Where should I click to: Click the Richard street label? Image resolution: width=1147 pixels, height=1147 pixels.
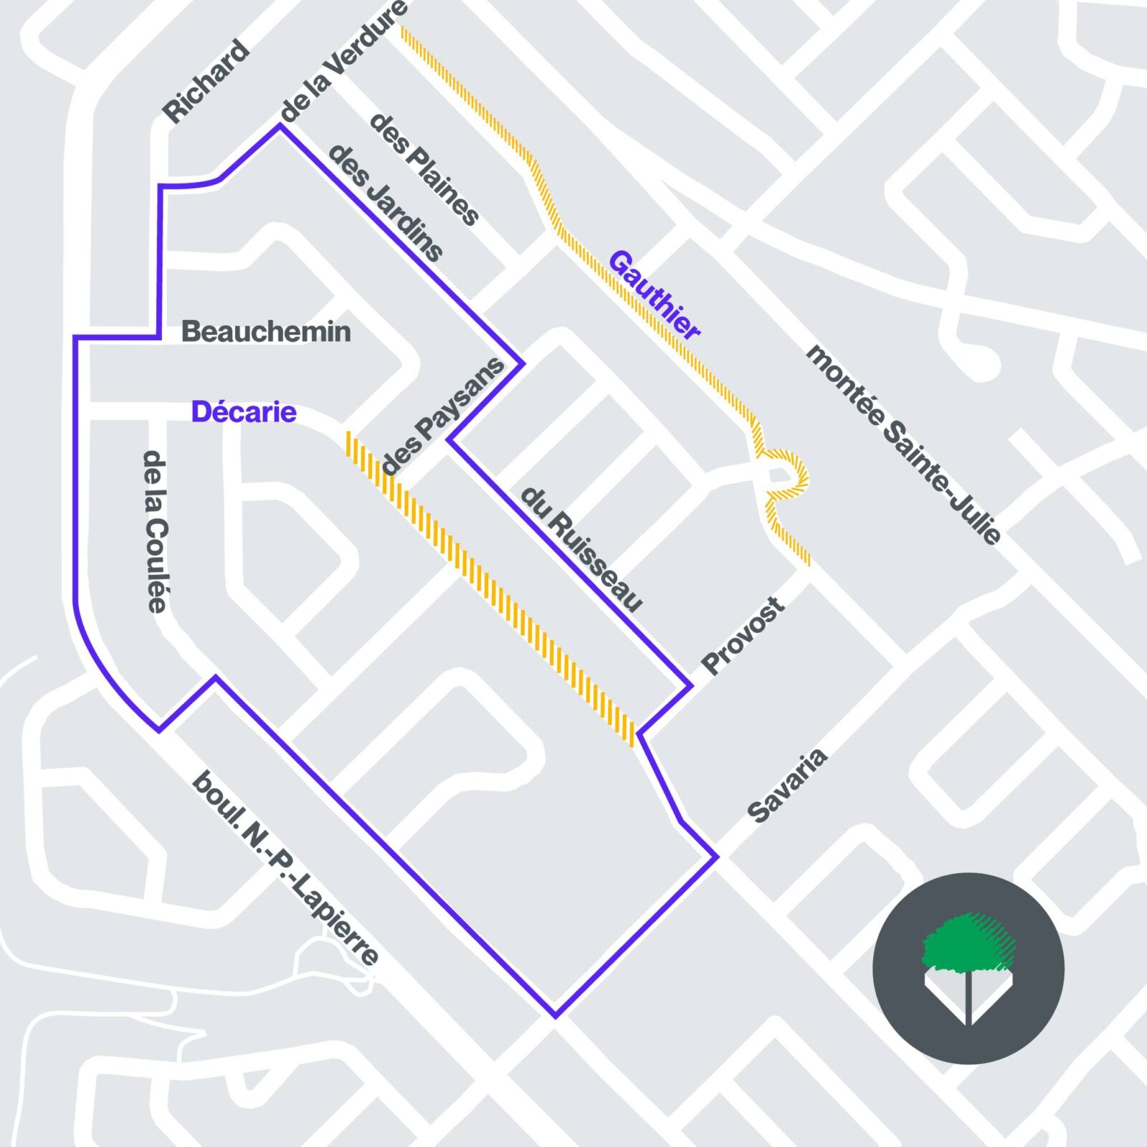click(x=206, y=82)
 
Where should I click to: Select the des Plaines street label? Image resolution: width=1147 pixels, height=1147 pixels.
click(x=423, y=169)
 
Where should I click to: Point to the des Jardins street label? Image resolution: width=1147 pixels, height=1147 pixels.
click(x=385, y=203)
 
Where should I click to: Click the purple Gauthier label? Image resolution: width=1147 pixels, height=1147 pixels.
click(x=654, y=295)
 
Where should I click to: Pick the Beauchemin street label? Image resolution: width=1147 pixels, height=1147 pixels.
click(x=266, y=331)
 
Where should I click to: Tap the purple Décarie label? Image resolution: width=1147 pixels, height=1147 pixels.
click(x=244, y=412)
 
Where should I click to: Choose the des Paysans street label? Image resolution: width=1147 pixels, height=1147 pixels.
click(x=443, y=416)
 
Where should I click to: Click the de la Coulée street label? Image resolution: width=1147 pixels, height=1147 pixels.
click(x=156, y=531)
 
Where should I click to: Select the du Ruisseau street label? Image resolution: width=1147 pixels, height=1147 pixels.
click(x=581, y=548)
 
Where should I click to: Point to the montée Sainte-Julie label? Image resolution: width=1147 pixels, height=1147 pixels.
click(x=903, y=444)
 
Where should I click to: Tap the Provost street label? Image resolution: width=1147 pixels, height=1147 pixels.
click(x=743, y=636)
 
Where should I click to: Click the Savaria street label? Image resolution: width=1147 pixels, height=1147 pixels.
click(x=787, y=786)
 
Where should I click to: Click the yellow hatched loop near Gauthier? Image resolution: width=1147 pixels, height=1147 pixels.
click(x=786, y=474)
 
